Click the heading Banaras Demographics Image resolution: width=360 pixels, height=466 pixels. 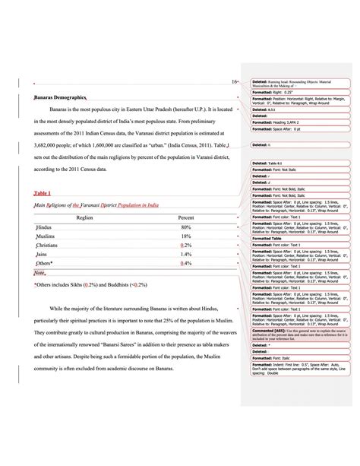(61, 98)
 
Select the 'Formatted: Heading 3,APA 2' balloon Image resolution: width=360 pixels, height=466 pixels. (289, 120)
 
